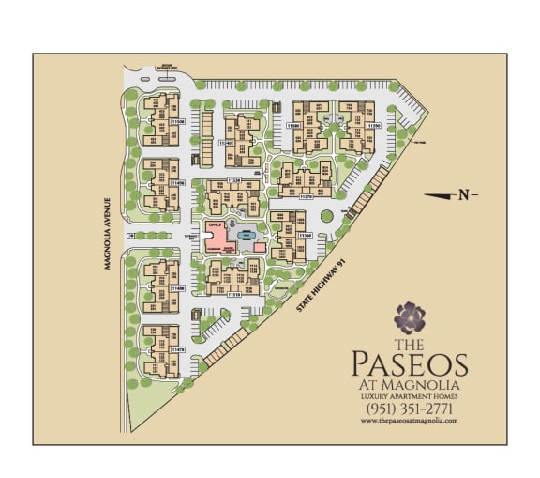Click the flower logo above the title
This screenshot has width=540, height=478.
pyautogui.click(x=410, y=318)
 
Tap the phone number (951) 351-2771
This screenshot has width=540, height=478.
pyautogui.click(x=410, y=409)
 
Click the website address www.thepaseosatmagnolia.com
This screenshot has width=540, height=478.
pyautogui.click(x=410, y=422)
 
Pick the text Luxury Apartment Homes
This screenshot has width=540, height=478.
pyautogui.click(x=410, y=396)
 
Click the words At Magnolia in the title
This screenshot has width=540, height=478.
pyautogui.click(x=410, y=384)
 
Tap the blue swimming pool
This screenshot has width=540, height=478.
pyautogui.click(x=246, y=235)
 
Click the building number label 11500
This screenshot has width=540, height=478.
pyautogui.click(x=178, y=122)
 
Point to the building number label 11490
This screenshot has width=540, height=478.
pyautogui.click(x=178, y=183)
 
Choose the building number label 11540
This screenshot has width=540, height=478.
pyautogui.click(x=224, y=143)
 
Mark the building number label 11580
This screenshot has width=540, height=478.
pyautogui.click(x=293, y=124)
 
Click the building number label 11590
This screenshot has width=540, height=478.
pyautogui.click(x=373, y=124)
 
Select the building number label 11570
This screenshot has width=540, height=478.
pyautogui.click(x=305, y=196)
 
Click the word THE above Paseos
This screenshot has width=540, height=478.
pyautogui.click(x=410, y=343)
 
